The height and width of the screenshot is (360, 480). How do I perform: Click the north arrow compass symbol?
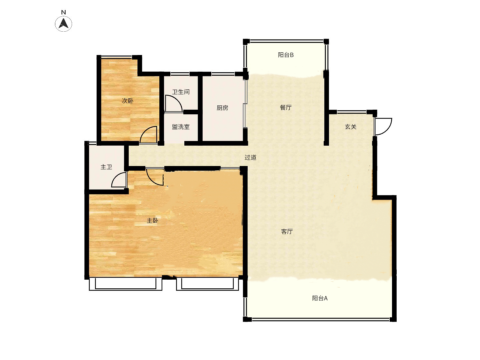coord(63,24)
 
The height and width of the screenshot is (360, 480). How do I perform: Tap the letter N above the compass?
coord(64,12)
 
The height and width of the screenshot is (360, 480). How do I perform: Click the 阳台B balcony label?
coord(286,55)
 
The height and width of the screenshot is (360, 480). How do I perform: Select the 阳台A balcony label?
coord(320,298)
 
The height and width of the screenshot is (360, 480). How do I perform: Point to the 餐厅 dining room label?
coord(286,107)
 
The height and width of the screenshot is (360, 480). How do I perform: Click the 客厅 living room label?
coord(287,231)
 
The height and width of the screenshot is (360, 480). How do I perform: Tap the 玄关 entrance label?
coord(351,127)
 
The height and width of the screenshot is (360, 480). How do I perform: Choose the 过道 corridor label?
coord(250,157)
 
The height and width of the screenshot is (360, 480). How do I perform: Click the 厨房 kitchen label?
coord(222,108)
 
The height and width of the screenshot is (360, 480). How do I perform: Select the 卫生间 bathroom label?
coord(181,92)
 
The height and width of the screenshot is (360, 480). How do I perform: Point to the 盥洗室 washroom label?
coord(181,127)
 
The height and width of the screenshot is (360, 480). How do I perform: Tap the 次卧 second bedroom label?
coord(127,101)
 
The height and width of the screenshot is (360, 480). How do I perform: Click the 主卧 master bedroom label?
coord(152,221)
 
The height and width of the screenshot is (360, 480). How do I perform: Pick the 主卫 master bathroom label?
coord(106,167)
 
